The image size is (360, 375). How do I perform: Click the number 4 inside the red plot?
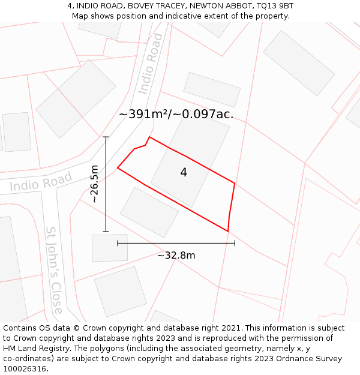184,173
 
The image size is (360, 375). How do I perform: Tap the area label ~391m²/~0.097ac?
176,115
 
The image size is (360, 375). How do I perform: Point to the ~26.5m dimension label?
95,184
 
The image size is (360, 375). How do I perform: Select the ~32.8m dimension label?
176,256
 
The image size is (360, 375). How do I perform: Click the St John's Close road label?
54,270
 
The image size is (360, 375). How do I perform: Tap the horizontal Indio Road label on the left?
41,182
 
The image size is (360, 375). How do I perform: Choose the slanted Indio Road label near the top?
150,63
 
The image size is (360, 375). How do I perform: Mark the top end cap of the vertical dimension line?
106,137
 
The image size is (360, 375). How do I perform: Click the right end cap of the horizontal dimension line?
235,243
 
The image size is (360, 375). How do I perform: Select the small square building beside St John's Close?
110,248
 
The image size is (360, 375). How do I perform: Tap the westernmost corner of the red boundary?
118,168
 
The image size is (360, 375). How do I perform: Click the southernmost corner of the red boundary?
228,231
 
